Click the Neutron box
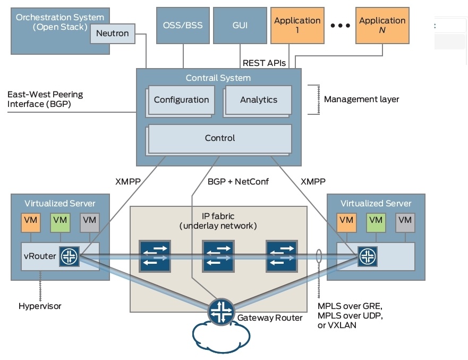pyautogui.click(x=112, y=34)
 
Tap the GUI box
pyautogui.click(x=240, y=25)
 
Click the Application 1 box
pyautogui.click(x=296, y=25)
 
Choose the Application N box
pyautogui.click(x=382, y=25)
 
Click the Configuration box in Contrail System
pyautogui.click(x=181, y=99)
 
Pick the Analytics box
pyautogui.click(x=259, y=99)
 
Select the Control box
pyautogui.click(x=219, y=138)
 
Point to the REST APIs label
pyautogui.click(x=264, y=63)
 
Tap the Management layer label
pyautogui.click(x=361, y=99)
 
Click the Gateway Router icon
pyautogui.click(x=219, y=311)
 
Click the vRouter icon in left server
pyautogui.click(x=70, y=257)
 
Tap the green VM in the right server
pyautogui.click(x=376, y=220)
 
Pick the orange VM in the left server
pyautogui.click(x=30, y=220)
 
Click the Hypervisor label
pyautogui.click(x=40, y=306)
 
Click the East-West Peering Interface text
pyautogui.click(x=45, y=99)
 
